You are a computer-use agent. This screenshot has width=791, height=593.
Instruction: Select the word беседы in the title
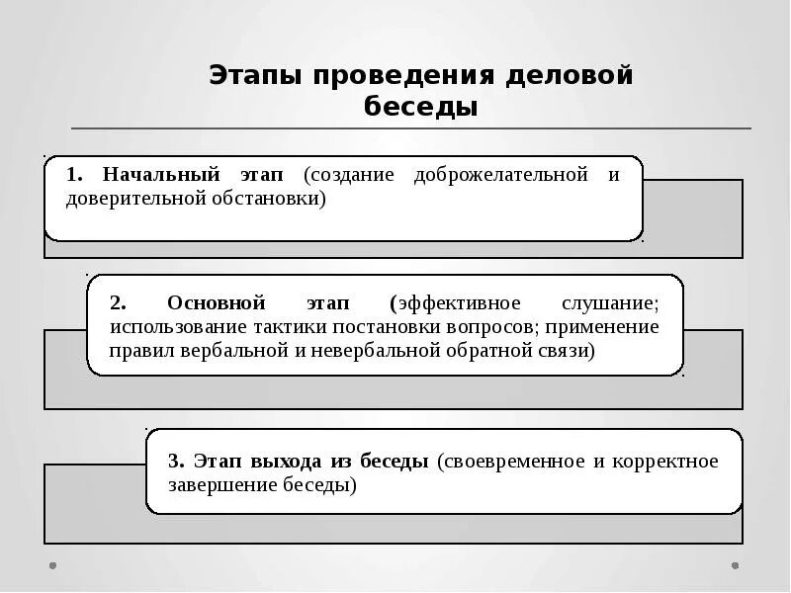[420, 106]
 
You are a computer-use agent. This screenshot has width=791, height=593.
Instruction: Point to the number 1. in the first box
[75, 175]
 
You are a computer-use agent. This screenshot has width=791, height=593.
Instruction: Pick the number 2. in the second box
[118, 302]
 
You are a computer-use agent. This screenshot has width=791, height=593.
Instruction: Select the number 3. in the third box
[176, 462]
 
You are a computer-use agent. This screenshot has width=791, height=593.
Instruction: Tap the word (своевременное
[510, 462]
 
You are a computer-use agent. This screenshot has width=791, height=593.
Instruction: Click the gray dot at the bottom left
[52, 566]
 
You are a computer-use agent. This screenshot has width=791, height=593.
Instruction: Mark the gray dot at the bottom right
[734, 566]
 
